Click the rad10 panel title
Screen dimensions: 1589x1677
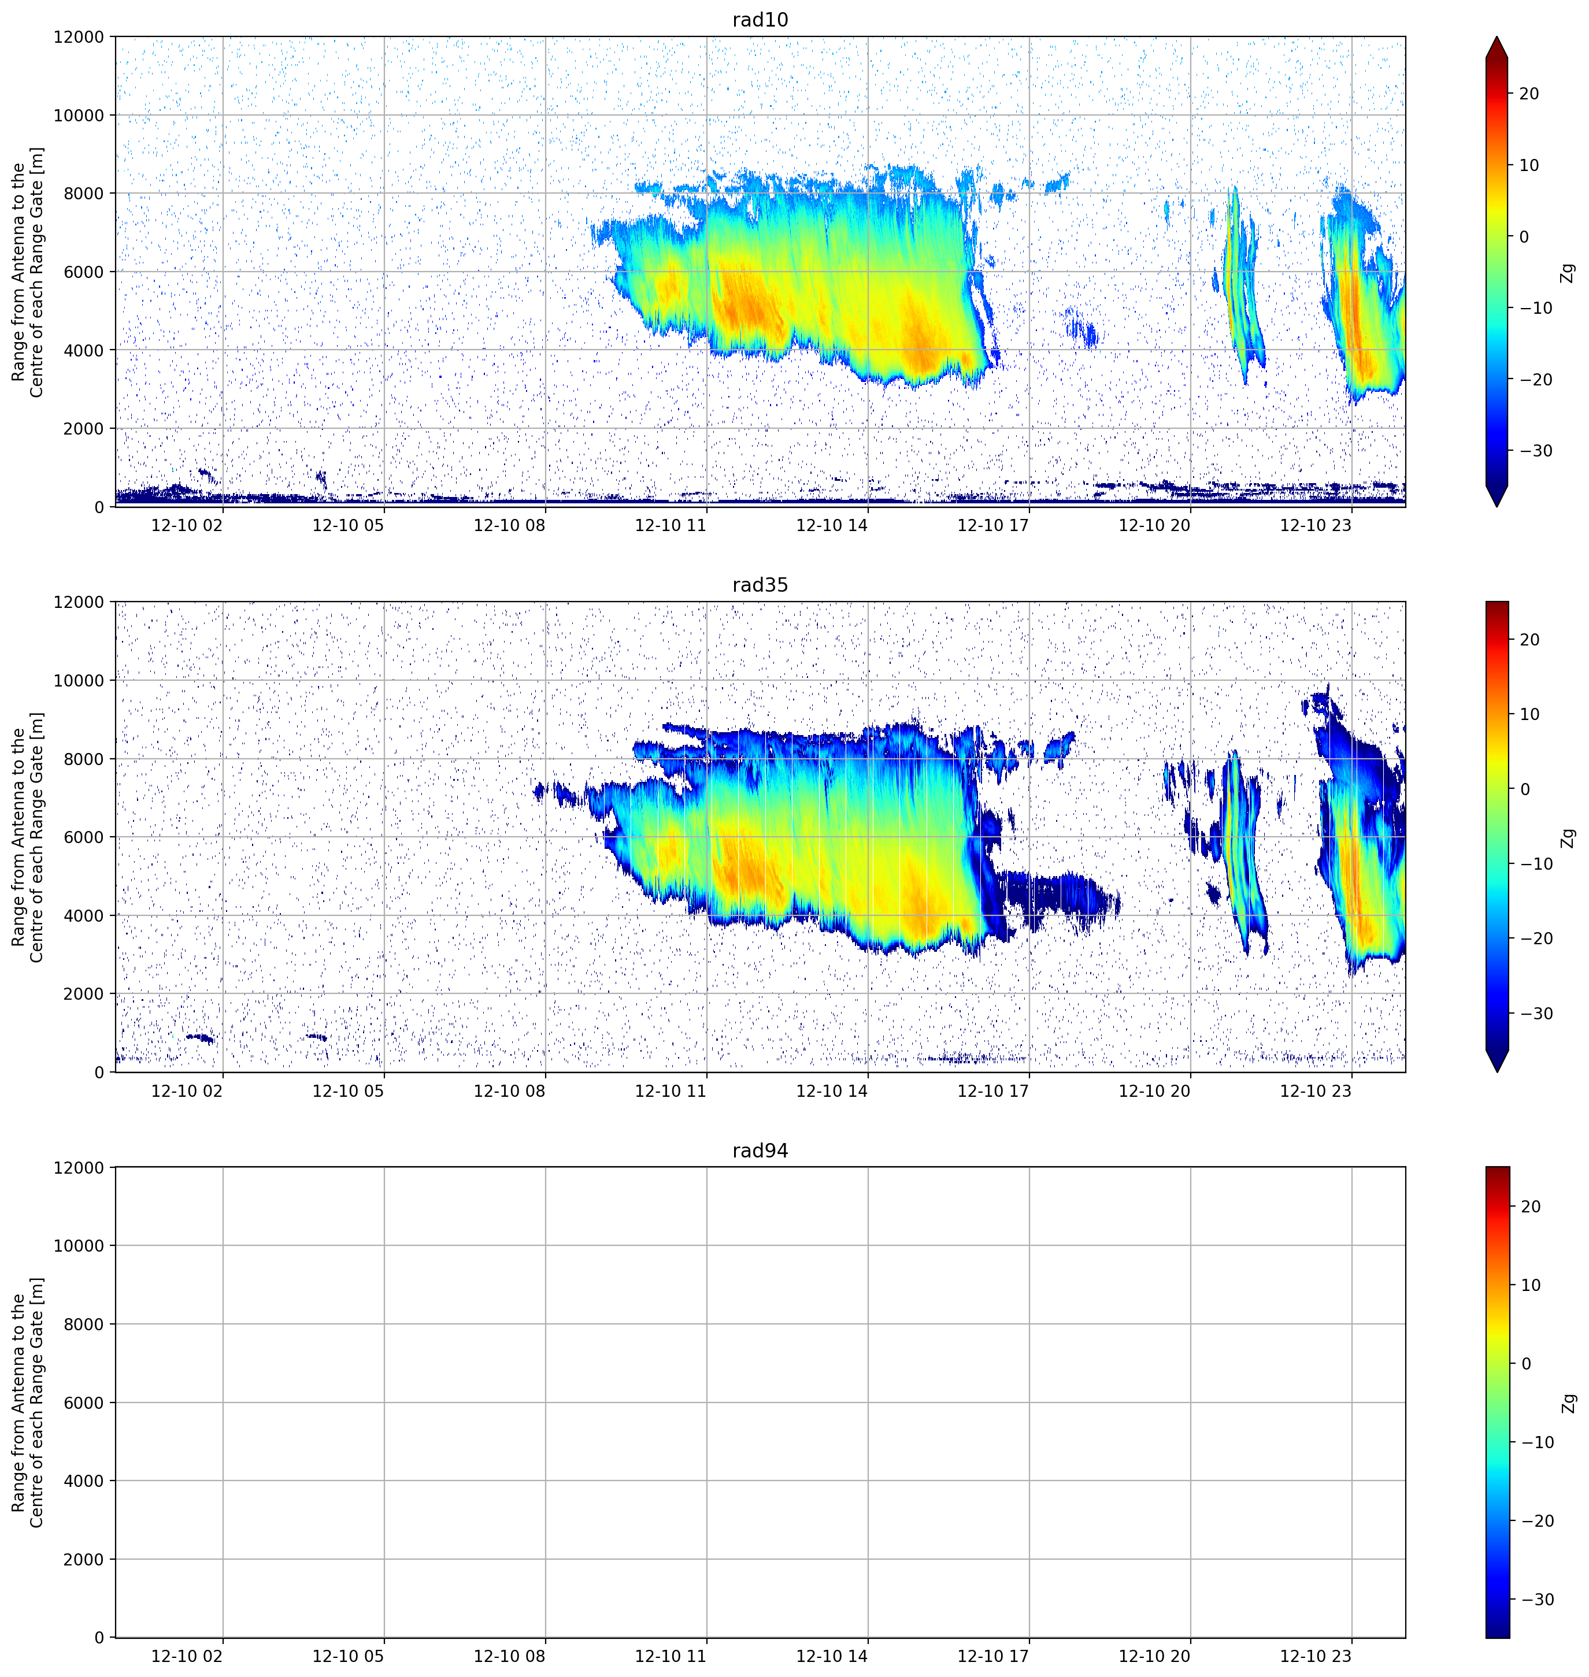pos(760,20)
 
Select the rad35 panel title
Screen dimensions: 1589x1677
pos(760,585)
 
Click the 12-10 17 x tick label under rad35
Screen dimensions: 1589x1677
pos(992,1091)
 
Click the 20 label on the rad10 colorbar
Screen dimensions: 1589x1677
pos(1529,94)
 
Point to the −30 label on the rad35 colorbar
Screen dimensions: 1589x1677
pos(1536,1014)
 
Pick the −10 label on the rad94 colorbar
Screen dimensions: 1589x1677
pos(1536,1442)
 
